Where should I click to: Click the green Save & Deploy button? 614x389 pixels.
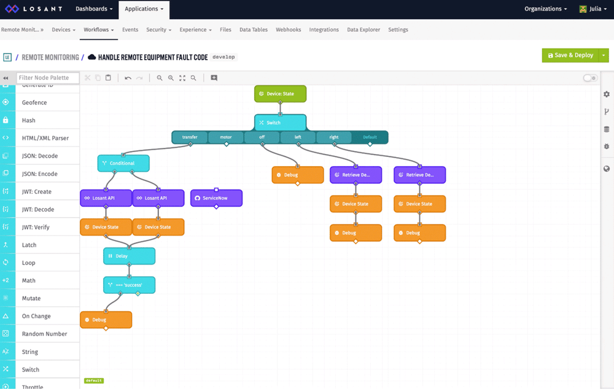click(x=570, y=55)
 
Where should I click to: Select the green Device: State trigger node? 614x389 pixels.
click(x=280, y=94)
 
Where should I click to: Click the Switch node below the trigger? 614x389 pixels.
click(x=280, y=123)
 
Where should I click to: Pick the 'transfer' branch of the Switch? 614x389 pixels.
click(x=190, y=137)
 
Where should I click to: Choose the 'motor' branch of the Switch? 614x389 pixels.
click(x=226, y=137)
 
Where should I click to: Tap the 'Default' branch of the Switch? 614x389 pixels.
click(x=370, y=137)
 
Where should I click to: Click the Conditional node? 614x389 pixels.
click(x=123, y=163)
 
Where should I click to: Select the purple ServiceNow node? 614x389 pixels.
click(x=216, y=198)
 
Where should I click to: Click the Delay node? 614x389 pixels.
click(x=129, y=256)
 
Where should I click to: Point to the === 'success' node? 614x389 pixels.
click(x=129, y=285)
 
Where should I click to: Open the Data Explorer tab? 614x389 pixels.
click(x=363, y=29)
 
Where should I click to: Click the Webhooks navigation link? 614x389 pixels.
click(x=289, y=29)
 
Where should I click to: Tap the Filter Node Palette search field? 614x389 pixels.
click(x=48, y=78)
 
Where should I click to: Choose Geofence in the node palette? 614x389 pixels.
click(x=34, y=102)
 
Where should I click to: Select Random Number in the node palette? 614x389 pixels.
click(x=44, y=334)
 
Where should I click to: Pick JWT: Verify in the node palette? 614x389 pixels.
click(x=36, y=227)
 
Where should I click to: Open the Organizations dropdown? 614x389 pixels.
click(x=546, y=9)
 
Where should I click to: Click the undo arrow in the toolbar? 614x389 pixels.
click(x=128, y=78)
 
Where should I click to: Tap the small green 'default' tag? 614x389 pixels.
click(x=94, y=381)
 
